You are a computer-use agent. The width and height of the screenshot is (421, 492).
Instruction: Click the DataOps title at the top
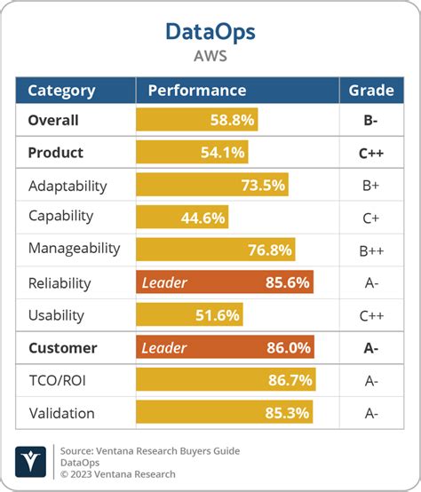[x=210, y=32]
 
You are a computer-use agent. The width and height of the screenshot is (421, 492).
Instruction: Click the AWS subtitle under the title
[x=210, y=55]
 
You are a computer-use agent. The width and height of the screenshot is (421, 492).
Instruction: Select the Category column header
[x=61, y=91]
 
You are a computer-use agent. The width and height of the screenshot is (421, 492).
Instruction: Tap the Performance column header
[x=197, y=91]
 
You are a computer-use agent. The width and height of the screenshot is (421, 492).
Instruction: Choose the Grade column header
[x=370, y=91]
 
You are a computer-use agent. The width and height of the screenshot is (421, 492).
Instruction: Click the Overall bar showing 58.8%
[x=197, y=120]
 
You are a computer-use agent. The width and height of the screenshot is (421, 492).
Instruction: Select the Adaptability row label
[x=68, y=186]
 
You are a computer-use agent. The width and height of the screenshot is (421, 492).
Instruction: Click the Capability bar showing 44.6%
[x=181, y=218]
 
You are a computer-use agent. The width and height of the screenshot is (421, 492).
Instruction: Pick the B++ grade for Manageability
[x=370, y=250]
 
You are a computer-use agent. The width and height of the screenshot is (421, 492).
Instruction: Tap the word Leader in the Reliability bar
[x=164, y=282]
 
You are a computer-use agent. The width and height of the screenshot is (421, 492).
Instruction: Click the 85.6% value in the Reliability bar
[x=287, y=282]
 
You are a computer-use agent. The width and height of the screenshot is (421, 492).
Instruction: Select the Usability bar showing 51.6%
[x=189, y=315]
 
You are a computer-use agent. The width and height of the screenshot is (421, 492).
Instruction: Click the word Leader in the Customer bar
[x=164, y=348]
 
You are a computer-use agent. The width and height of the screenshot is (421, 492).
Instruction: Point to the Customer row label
[x=62, y=348]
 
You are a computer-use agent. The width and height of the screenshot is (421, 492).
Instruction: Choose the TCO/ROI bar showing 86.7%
[x=226, y=380]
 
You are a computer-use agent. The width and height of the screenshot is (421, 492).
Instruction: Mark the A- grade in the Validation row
[x=370, y=413]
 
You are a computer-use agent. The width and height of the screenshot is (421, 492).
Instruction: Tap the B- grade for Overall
[x=370, y=120]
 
